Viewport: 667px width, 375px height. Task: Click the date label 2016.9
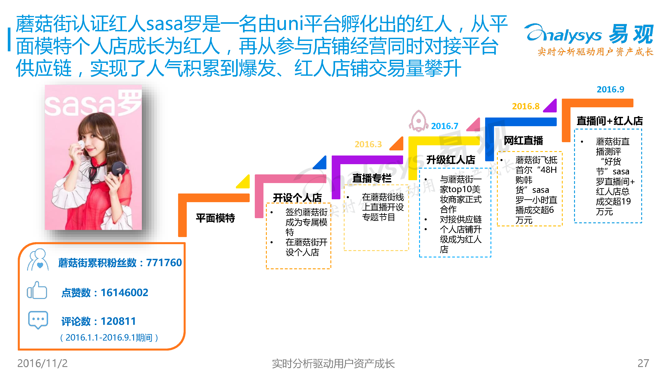pos(610,90)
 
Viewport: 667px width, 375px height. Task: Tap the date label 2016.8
pos(526,106)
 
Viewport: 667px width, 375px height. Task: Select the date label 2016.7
pos(445,126)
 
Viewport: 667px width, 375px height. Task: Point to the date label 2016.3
pos(368,144)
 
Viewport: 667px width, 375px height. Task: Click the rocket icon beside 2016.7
pos(418,121)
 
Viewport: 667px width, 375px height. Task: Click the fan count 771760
pos(164,263)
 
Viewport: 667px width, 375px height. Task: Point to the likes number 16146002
pos(124,293)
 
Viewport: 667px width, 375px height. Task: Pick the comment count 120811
pos(118,321)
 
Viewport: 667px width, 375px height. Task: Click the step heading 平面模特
pos(215,218)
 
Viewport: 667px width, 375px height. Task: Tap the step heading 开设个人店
pos(297,198)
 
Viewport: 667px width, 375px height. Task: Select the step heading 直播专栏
pos(372,178)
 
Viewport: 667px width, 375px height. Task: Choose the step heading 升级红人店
pos(450,160)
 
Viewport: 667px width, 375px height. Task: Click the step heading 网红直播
pos(523,141)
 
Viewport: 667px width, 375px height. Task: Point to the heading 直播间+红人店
pos(609,121)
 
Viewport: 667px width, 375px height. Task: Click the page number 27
pos(643,363)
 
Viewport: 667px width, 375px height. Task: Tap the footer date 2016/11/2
pos(42,363)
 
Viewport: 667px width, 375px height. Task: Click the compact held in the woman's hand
pos(119,168)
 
